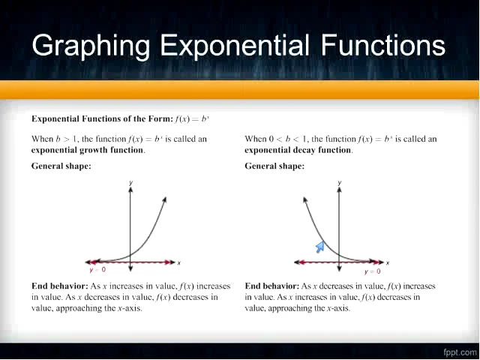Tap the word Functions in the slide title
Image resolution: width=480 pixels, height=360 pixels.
click(x=383, y=46)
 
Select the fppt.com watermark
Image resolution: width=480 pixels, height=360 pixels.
click(x=459, y=351)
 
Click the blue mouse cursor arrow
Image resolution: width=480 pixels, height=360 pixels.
click(x=319, y=247)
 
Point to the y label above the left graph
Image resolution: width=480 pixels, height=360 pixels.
click(x=130, y=182)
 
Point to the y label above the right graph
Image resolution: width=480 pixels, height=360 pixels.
click(x=340, y=182)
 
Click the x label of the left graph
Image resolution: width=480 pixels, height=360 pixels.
click(x=178, y=262)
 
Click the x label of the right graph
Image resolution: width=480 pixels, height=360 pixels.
click(x=387, y=262)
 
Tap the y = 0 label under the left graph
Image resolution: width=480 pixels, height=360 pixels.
click(x=97, y=269)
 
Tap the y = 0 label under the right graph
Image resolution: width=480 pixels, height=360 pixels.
click(x=372, y=271)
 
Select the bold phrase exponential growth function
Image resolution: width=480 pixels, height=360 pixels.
click(x=87, y=150)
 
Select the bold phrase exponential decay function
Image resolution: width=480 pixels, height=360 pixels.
click(x=298, y=150)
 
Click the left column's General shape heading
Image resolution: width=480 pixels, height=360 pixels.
click(x=61, y=166)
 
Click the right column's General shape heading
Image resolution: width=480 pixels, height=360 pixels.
click(x=274, y=166)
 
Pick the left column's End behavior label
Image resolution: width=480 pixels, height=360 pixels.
click(x=59, y=286)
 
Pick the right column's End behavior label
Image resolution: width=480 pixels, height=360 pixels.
click(x=272, y=286)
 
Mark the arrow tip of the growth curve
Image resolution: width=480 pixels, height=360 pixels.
click(x=164, y=197)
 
